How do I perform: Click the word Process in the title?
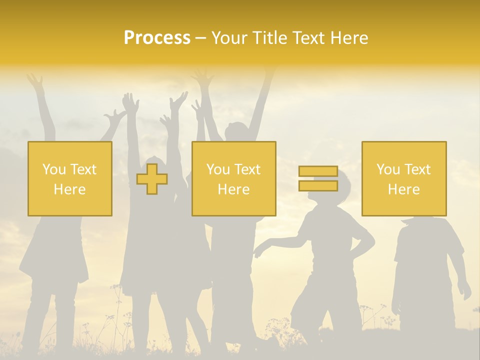point(157,38)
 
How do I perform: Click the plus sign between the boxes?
point(152,179)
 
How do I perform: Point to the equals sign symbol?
point(318,178)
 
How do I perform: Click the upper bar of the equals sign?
point(318,171)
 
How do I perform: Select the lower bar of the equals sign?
point(318,185)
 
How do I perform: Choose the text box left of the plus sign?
point(70,178)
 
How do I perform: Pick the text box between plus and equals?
point(233,178)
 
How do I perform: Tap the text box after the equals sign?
point(404,178)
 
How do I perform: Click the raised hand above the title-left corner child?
point(35,80)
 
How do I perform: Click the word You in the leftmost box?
point(53,169)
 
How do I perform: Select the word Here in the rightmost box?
point(404,189)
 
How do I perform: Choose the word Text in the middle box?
point(248,169)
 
